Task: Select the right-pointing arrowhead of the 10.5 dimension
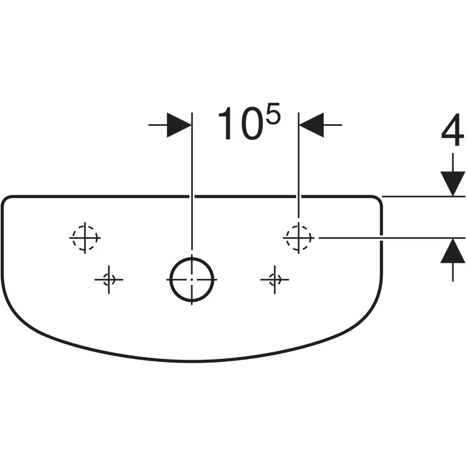pyautogui.click(x=179, y=125)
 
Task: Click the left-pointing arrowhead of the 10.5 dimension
pyautogui.click(x=312, y=125)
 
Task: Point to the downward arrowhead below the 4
pyautogui.click(x=453, y=183)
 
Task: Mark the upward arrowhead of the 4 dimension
pyautogui.click(x=453, y=251)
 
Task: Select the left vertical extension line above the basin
pyautogui.click(x=192, y=181)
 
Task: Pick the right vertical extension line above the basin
pyautogui.click(x=298, y=165)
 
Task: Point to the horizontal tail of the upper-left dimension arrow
pyautogui.click(x=158, y=125)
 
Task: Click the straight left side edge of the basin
pyautogui.click(x=2, y=242)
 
